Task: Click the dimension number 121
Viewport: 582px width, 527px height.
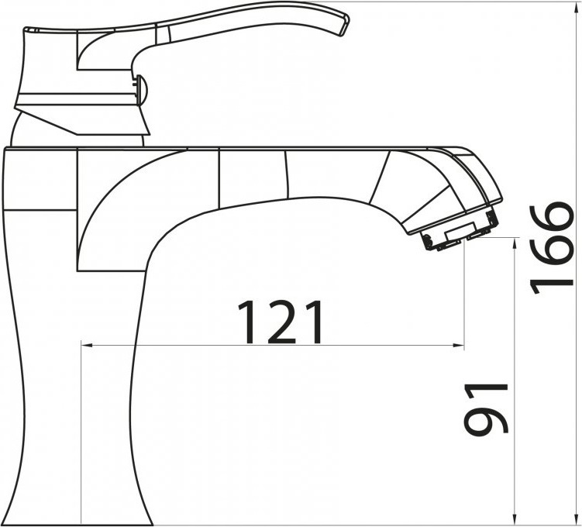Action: click(280, 322)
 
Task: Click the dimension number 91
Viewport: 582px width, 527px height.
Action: click(486, 409)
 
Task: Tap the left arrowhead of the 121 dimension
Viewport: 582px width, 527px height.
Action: click(86, 346)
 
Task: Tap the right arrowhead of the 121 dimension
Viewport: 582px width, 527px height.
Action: click(459, 346)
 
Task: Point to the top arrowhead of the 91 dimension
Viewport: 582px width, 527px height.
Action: click(514, 245)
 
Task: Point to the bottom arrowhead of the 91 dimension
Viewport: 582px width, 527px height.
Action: click(514, 519)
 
